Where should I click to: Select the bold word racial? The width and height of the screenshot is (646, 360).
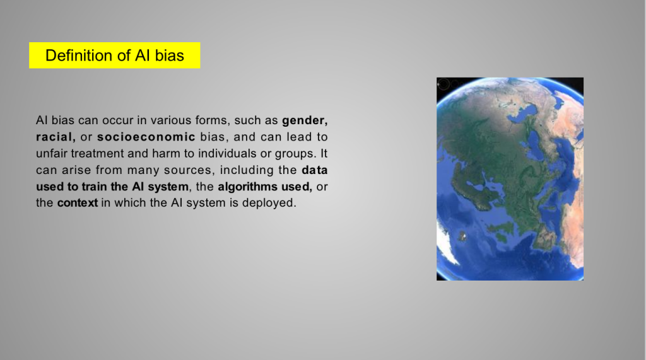[x=56, y=137]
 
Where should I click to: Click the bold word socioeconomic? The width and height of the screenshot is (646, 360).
[x=146, y=137]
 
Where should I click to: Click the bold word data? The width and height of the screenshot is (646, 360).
[x=315, y=170]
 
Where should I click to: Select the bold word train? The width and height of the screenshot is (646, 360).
[x=95, y=187]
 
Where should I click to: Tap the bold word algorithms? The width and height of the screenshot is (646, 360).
[x=247, y=187]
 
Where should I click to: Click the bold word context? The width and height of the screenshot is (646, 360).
[x=78, y=203]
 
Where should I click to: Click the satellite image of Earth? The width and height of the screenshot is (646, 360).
[x=510, y=179]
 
